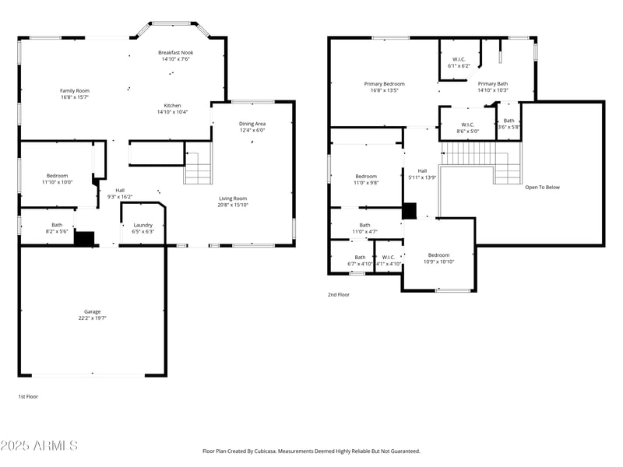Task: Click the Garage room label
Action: (92, 311)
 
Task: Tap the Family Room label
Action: (75, 91)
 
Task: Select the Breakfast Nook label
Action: (170, 52)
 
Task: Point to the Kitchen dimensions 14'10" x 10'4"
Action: (173, 112)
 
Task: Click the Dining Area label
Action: (252, 124)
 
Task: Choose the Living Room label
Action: (233, 198)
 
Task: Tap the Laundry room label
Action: (143, 225)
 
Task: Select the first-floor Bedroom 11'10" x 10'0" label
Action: (57, 176)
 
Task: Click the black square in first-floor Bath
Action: (84, 237)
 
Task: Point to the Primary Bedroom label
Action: (384, 83)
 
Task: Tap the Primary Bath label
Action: (493, 84)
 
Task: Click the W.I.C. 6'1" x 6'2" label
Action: (459, 60)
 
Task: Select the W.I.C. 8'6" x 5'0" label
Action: (467, 125)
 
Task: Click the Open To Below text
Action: (542, 187)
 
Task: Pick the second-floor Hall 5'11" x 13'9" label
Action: (422, 171)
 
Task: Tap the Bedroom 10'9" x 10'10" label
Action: (438, 255)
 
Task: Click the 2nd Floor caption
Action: (338, 295)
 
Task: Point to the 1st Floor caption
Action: (28, 396)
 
